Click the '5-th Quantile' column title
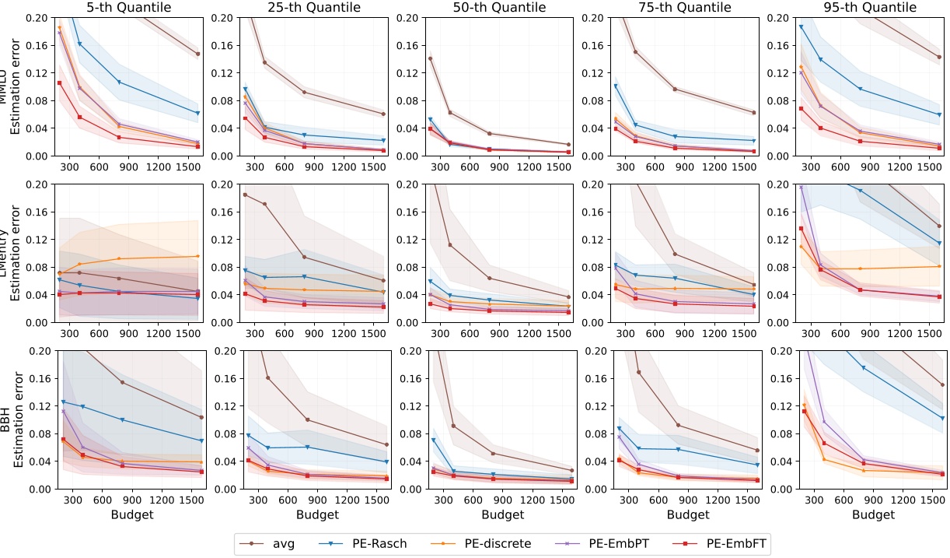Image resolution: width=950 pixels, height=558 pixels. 129,8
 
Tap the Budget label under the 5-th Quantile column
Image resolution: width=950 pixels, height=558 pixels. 129,514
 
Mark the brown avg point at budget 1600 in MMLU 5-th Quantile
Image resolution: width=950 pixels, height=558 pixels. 198,54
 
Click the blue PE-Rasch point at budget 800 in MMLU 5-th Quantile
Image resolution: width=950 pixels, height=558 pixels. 119,82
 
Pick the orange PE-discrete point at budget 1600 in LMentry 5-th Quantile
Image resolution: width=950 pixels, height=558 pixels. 198,256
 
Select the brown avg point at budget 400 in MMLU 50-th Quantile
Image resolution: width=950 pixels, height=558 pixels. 450,112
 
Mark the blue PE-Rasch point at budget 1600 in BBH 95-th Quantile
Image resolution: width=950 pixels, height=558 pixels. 942,418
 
